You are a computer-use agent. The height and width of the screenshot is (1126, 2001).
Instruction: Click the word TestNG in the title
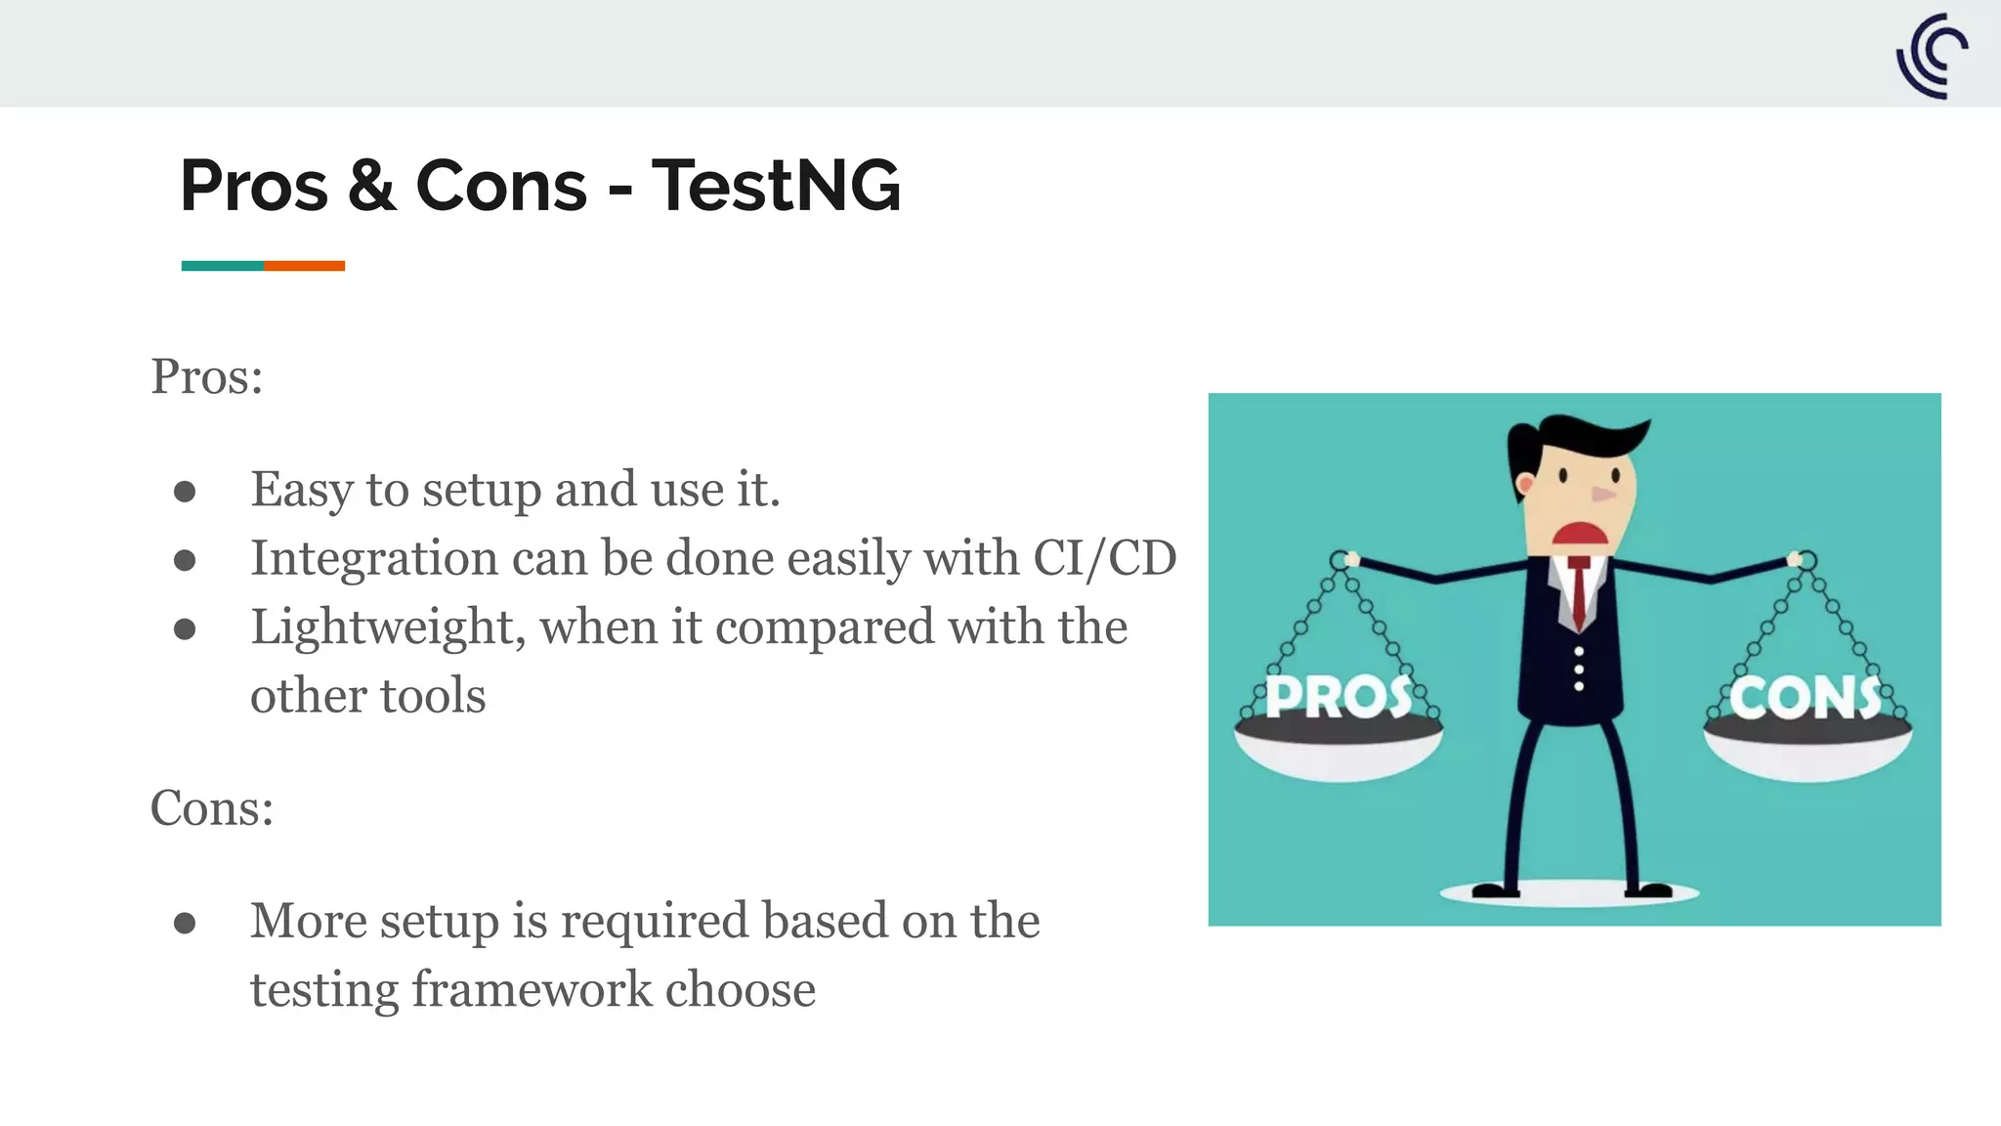pyautogui.click(x=776, y=186)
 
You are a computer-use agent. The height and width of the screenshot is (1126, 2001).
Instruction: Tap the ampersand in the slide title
pyautogui.click(x=372, y=186)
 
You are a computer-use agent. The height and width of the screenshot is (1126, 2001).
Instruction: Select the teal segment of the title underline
pyautogui.click(x=222, y=266)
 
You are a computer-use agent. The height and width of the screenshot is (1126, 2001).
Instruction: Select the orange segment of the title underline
pyautogui.click(x=304, y=266)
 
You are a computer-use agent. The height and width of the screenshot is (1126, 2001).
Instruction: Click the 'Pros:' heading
pyautogui.click(x=207, y=376)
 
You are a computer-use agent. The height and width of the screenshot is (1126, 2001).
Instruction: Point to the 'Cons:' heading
pyautogui.click(x=212, y=808)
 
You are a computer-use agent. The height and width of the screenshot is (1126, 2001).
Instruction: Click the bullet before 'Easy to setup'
pyautogui.click(x=185, y=492)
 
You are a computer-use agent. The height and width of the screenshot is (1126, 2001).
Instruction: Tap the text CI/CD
pyautogui.click(x=1104, y=558)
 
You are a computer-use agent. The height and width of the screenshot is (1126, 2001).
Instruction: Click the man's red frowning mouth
pyautogui.click(x=1581, y=535)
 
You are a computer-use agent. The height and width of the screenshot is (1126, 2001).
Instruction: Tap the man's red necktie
pyautogui.click(x=1579, y=591)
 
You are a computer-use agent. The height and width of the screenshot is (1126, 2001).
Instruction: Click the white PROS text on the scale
pyautogui.click(x=1338, y=697)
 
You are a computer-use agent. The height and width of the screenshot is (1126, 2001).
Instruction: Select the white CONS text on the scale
pyautogui.click(x=1805, y=698)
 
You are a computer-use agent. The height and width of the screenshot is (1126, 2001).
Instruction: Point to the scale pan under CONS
pyautogui.click(x=1808, y=753)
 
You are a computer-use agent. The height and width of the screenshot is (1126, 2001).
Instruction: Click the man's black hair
pyautogui.click(x=1563, y=437)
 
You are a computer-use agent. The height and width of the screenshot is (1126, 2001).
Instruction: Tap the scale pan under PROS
pyautogui.click(x=1339, y=753)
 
